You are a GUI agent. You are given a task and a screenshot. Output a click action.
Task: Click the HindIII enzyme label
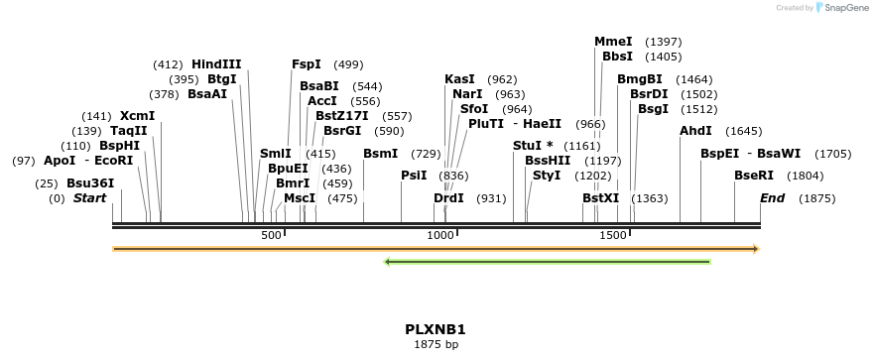(216, 64)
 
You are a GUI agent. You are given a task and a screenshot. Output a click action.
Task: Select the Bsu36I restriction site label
(90, 183)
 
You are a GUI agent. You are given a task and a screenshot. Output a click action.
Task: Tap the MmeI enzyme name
(613, 42)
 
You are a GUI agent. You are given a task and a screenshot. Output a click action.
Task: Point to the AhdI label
(695, 131)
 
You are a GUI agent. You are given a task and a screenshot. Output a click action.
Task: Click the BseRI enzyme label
(754, 176)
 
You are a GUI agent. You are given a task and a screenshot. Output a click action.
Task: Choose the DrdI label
(448, 198)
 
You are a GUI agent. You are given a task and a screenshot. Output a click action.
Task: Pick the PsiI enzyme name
(414, 176)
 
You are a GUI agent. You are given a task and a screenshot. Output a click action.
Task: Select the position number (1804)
(805, 176)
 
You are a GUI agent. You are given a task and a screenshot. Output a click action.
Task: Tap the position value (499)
(348, 64)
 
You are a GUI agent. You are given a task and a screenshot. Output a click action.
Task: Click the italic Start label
(89, 198)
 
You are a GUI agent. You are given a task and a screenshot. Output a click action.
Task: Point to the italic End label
(772, 198)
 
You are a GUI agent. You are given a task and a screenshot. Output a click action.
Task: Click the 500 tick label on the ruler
(271, 236)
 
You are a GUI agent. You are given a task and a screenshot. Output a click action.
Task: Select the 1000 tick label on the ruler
(439, 236)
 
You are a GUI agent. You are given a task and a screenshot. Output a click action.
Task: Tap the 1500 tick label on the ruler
(613, 236)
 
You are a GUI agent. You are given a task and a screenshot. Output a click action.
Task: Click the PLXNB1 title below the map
(436, 329)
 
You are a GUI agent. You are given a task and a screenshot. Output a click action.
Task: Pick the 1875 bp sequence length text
(436, 345)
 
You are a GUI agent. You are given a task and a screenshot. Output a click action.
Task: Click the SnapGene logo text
(844, 8)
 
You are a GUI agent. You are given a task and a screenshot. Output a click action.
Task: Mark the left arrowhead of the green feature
(388, 262)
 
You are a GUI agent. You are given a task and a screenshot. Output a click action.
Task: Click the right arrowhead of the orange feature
(756, 248)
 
